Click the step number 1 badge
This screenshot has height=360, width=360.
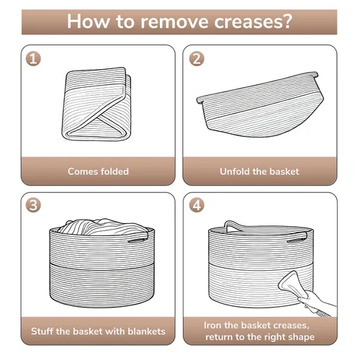33,59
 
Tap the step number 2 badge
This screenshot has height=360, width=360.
197,59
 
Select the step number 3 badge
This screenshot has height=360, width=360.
33,205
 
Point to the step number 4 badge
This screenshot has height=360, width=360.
197,205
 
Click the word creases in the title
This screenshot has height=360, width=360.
248,22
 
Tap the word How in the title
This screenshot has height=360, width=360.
88,22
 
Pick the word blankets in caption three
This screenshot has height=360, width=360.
146,331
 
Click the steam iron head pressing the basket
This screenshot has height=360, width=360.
291,284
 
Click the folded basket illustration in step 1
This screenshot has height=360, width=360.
97,104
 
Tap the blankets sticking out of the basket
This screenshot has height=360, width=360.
103,226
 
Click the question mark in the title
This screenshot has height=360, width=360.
287,21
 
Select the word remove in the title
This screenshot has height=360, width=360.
174,22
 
